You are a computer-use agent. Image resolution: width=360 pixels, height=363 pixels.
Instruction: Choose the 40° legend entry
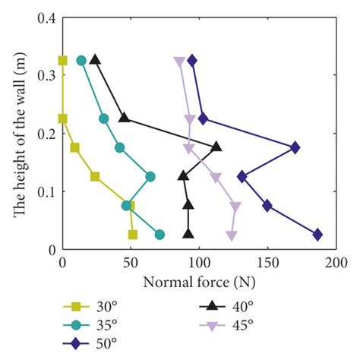(x=221, y=308)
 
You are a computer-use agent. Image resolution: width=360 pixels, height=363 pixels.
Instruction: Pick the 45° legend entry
(x=221, y=326)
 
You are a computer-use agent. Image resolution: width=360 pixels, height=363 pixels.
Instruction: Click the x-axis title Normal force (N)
(x=198, y=280)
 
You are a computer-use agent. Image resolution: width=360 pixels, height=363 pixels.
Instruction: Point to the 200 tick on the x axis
(x=336, y=262)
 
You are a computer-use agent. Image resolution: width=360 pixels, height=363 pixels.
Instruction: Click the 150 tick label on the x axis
(x=267, y=262)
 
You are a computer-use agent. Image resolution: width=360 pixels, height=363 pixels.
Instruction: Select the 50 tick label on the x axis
(x=131, y=262)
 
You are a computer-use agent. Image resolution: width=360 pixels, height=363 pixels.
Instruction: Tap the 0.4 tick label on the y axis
(x=47, y=18)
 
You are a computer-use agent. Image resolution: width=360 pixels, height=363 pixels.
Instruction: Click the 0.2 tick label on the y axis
(x=47, y=134)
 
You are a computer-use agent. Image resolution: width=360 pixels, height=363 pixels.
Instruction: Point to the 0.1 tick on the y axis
(x=47, y=191)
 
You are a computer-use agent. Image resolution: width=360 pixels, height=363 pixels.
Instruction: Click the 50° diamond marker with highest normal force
(x=317, y=235)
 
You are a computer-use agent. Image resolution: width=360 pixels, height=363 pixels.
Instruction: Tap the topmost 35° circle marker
(x=81, y=60)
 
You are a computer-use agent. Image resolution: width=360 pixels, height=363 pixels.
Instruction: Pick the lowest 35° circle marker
(x=159, y=235)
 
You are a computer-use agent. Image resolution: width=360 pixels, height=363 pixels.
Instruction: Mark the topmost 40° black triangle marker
(x=95, y=59)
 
